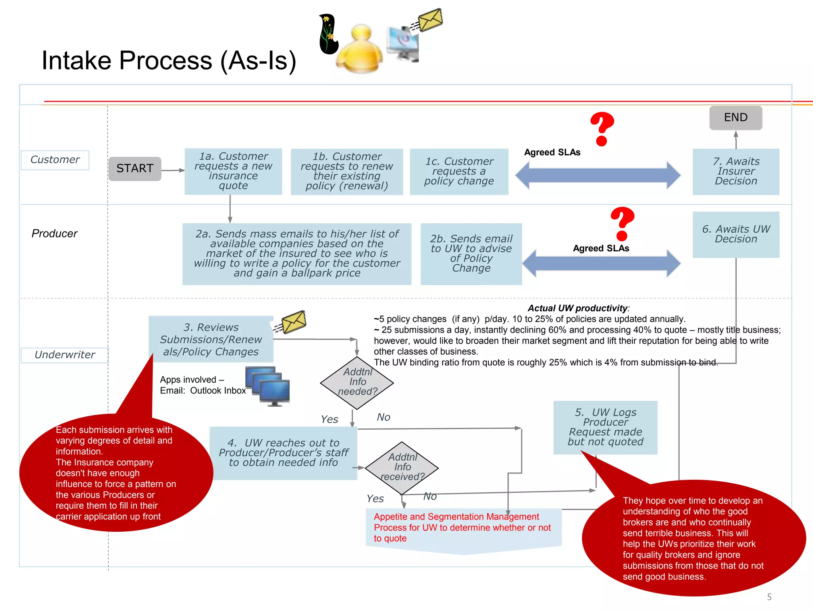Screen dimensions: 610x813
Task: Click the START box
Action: [135, 169]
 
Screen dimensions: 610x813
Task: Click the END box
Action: [735, 118]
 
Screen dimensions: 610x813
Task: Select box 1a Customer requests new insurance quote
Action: [233, 171]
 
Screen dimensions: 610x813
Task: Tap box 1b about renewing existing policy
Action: [347, 172]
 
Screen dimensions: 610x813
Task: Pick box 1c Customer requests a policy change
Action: [459, 172]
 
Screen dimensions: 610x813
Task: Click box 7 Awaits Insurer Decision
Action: [736, 172]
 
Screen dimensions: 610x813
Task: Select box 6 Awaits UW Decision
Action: [736, 234]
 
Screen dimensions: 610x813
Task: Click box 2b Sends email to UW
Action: [471, 254]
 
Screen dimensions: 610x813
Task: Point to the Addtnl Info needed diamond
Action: [357, 382]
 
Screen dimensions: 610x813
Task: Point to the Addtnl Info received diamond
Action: [401, 468]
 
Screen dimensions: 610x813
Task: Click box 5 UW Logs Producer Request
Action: [605, 427]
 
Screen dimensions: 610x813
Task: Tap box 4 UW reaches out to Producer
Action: [283, 453]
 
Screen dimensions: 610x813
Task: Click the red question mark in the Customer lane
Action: [602, 129]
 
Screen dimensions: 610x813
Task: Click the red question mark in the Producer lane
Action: [622, 224]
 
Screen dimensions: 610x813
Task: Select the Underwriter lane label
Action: [65, 355]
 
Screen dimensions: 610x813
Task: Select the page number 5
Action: [769, 597]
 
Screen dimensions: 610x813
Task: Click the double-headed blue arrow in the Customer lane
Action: [597, 175]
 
